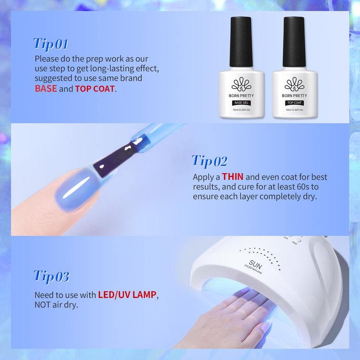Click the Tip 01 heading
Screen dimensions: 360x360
tap(51, 44)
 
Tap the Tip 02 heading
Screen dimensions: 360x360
tap(210, 161)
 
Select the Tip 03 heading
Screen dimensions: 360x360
tap(51, 276)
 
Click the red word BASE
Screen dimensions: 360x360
tap(46, 89)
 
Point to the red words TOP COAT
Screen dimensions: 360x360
tap(95, 89)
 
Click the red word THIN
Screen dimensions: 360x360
tap(233, 177)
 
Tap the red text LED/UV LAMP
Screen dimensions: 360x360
tap(127, 295)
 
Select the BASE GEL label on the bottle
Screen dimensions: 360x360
tap(241, 103)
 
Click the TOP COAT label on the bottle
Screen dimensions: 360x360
tap(294, 103)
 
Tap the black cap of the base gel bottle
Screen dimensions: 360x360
tap(241, 42)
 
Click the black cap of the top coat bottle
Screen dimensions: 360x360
tap(294, 42)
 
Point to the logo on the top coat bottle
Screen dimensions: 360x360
tap(294, 84)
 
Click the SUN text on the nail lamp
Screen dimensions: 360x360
tap(255, 265)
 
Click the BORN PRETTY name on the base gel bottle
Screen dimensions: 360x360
tap(241, 95)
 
